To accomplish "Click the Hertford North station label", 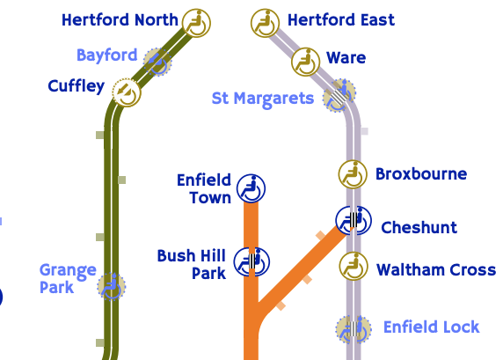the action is pyautogui.click(x=120, y=20).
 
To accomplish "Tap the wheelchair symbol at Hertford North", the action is pyautogui.click(x=196, y=23).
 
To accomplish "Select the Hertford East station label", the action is pyautogui.click(x=340, y=20).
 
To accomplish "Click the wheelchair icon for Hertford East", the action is pyautogui.click(x=265, y=23).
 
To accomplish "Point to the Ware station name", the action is pyautogui.click(x=346, y=58).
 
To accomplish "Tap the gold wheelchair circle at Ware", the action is pyautogui.click(x=306, y=62).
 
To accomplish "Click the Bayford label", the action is pyautogui.click(x=106, y=55).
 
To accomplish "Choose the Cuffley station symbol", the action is pyautogui.click(x=127, y=92).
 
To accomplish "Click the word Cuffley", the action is pyautogui.click(x=77, y=86).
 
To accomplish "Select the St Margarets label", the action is pyautogui.click(x=263, y=99).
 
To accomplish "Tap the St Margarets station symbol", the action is pyautogui.click(x=339, y=95).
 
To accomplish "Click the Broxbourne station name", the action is pyautogui.click(x=421, y=174).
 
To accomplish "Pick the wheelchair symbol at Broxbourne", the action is pyautogui.click(x=353, y=174).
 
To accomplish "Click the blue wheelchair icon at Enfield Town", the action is pyautogui.click(x=251, y=188).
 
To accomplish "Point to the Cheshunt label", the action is pyautogui.click(x=419, y=228).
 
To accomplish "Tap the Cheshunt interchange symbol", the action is pyautogui.click(x=354, y=221).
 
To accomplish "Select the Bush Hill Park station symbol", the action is pyautogui.click(x=251, y=261).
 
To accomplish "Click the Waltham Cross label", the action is pyautogui.click(x=436, y=269).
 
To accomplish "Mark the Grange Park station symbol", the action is pyautogui.click(x=112, y=287).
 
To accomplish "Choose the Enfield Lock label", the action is pyautogui.click(x=432, y=327).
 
